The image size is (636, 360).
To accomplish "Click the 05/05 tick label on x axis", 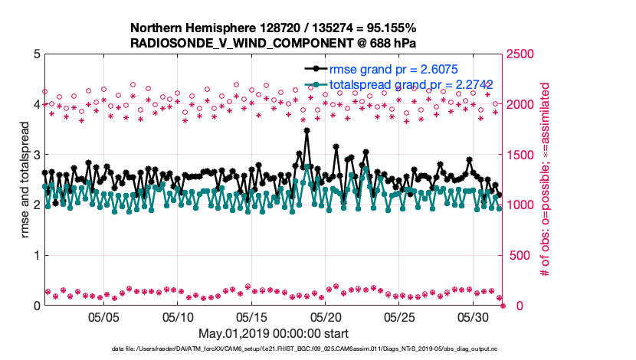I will tap(104, 316).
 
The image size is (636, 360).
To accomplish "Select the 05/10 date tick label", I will tap(178, 316).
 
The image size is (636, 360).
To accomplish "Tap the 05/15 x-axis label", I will tap(252, 316).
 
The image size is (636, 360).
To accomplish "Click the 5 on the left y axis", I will tap(36, 54).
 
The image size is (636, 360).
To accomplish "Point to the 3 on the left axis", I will tap(36, 155).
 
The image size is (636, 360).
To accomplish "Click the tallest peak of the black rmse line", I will tap(307, 130).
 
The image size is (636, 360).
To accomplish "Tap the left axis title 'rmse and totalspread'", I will tap(25, 179).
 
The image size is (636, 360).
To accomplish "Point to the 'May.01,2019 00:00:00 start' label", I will tap(274, 333).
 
